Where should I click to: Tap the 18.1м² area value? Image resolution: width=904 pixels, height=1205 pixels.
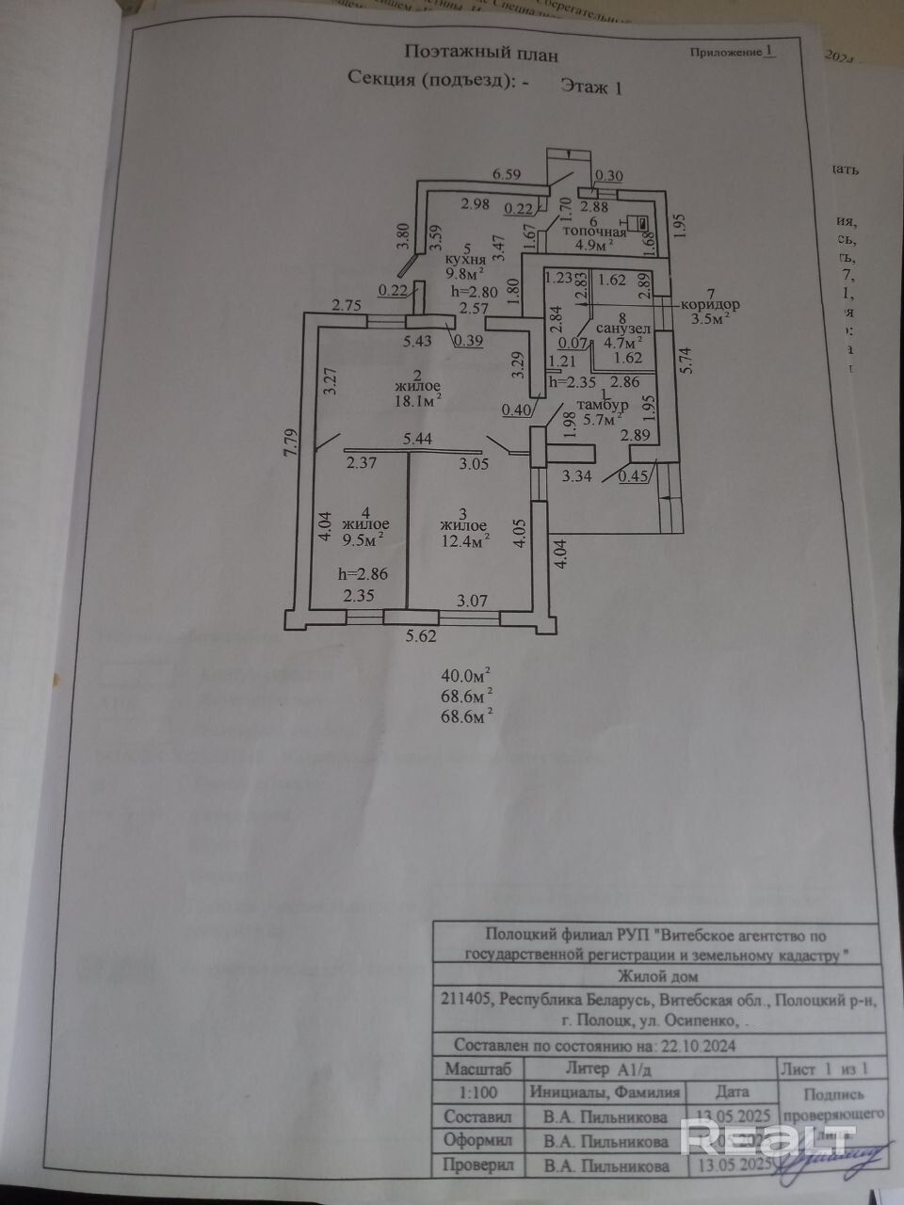click(418, 402)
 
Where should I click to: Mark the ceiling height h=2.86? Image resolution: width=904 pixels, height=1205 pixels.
click(363, 572)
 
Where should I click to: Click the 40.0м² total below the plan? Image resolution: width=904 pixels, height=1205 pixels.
click(466, 675)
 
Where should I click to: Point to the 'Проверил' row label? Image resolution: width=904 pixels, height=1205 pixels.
click(477, 1165)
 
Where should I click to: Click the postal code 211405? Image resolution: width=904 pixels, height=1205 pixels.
click(465, 999)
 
